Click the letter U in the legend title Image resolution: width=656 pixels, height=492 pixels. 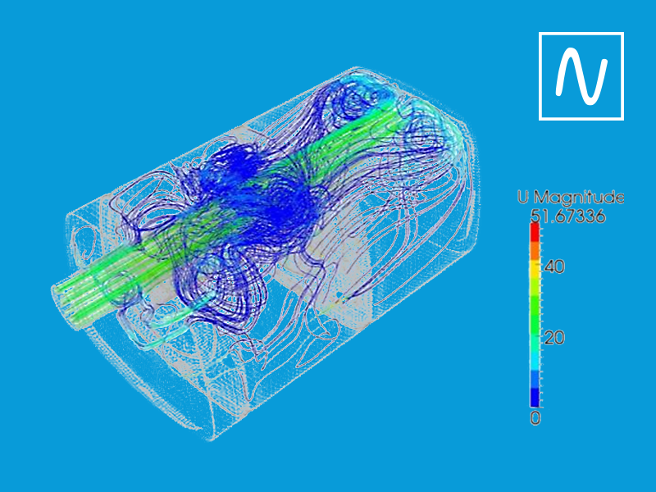pos(523,198)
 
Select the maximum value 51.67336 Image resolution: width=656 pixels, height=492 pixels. pos(567,216)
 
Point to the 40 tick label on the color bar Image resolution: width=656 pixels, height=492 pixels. pos(555,266)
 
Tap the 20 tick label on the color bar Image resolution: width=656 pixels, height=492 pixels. pos(555,338)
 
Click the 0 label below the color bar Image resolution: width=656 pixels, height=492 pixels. pos(535,418)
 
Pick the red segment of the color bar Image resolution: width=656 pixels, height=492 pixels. pos(535,233)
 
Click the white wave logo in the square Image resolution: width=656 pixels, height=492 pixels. pos(581,75)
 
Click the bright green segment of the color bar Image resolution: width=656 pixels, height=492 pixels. pos(535,316)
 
